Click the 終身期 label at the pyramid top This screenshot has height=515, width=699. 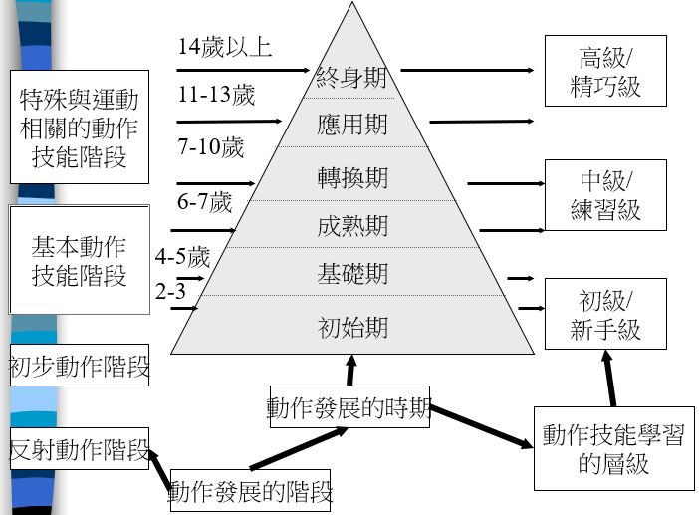click(x=350, y=77)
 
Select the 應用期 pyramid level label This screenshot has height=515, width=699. click(x=351, y=126)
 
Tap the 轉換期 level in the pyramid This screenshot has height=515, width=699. click(x=351, y=178)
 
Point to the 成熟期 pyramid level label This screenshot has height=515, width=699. click(x=351, y=226)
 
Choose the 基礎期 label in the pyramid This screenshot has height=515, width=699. click(x=351, y=273)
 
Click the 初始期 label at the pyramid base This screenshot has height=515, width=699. click(x=351, y=327)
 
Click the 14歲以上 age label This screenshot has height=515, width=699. click(x=225, y=46)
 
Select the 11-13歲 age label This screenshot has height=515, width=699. click(x=217, y=96)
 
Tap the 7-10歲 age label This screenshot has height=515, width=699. click(x=211, y=148)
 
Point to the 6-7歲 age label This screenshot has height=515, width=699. click(x=205, y=203)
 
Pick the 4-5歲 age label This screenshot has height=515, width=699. click(x=183, y=257)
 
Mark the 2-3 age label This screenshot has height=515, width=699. click(x=170, y=291)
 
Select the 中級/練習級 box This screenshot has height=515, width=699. click(x=605, y=195)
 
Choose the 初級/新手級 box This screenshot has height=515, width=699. click(x=605, y=314)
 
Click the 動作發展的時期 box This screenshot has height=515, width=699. click(x=349, y=407)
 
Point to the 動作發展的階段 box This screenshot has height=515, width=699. click(x=250, y=490)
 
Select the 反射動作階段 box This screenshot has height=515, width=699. click(x=79, y=450)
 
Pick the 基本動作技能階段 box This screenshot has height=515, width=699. click(x=79, y=259)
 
